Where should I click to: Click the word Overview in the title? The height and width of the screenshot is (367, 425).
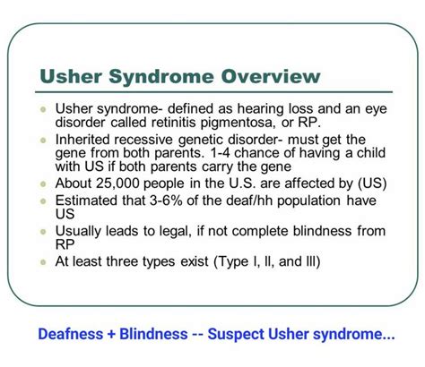271,76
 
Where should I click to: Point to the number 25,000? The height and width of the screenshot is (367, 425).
117,183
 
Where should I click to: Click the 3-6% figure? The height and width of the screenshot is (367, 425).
166,201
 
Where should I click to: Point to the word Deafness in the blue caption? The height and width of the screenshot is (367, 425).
71,334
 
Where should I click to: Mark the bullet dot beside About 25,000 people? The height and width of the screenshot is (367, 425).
43,184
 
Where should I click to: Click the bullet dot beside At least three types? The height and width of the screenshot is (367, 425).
43,262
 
